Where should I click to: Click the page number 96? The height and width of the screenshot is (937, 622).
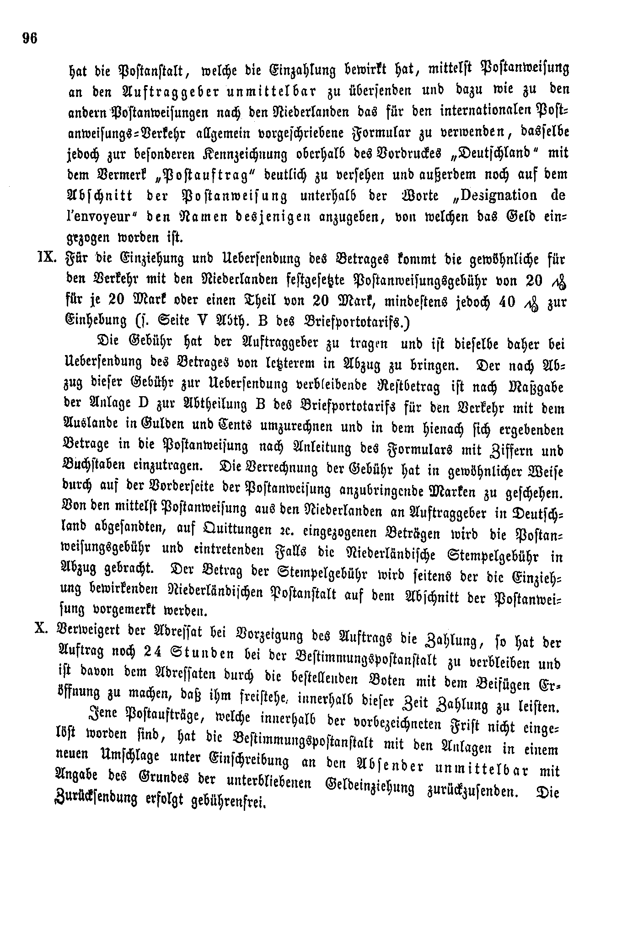pyautogui.click(x=29, y=38)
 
